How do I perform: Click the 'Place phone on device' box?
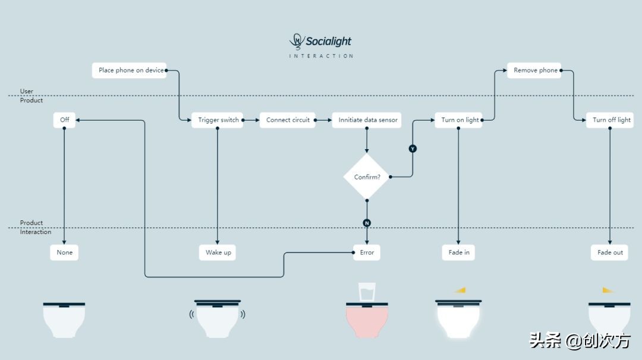(129, 70)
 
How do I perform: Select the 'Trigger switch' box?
(218, 120)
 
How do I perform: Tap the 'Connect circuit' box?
(288, 120)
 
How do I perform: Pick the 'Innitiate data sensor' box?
(366, 120)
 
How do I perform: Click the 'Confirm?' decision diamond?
(367, 177)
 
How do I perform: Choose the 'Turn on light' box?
(459, 120)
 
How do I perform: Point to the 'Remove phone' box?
(534, 70)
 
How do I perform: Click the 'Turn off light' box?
(610, 120)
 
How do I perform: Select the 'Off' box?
(64, 120)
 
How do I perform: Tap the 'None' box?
(64, 252)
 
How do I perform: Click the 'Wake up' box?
(218, 252)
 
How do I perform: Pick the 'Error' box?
(367, 252)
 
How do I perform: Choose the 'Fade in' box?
(459, 252)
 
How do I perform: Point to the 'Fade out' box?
(610, 252)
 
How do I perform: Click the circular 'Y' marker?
(413, 149)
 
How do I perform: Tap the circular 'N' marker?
(367, 223)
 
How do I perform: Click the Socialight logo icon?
(296, 41)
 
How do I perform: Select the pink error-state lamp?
(367, 321)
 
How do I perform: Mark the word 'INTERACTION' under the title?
(321, 56)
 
